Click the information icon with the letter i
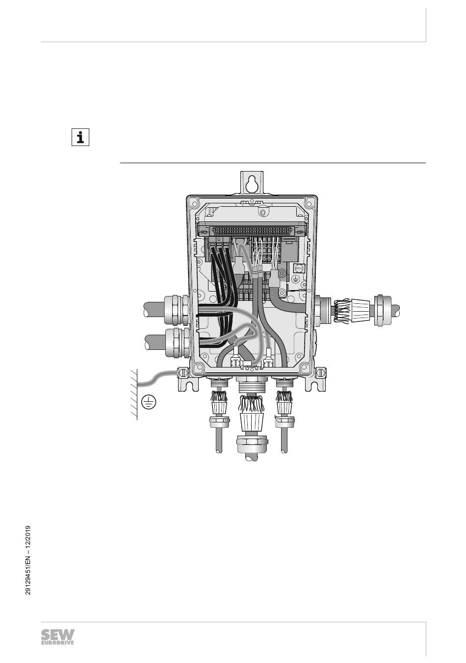pyautogui.click(x=80, y=138)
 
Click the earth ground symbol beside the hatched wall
pyautogui.click(x=148, y=402)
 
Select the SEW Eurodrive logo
pyautogui.click(x=58, y=637)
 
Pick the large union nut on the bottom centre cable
pyautogui.click(x=252, y=443)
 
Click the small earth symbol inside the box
pyautogui.click(x=295, y=278)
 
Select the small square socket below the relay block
pyautogui.click(x=298, y=268)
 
